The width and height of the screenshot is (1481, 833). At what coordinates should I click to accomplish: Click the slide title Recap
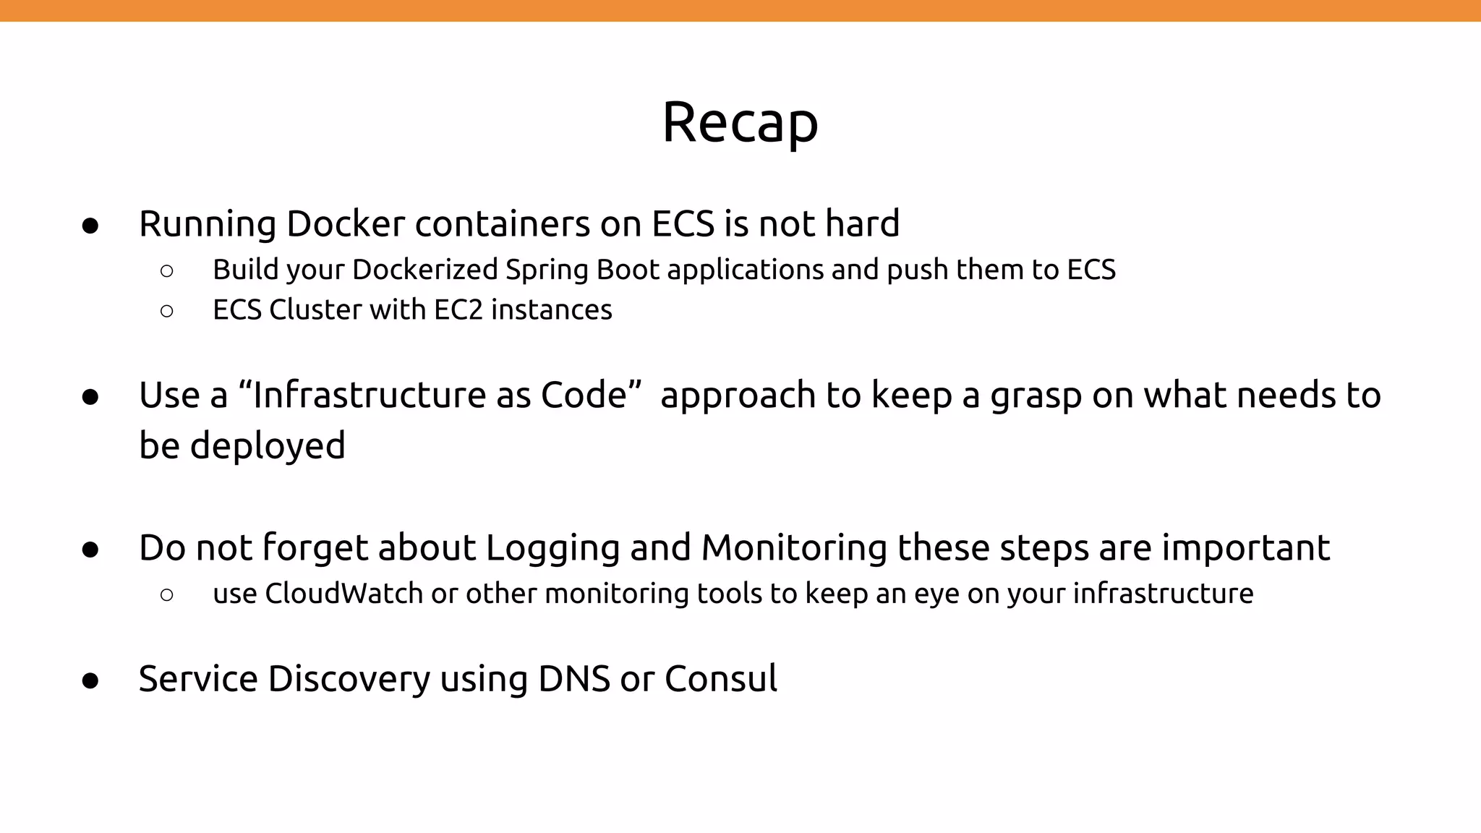(740, 123)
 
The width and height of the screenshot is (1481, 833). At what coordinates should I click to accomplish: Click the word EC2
(458, 309)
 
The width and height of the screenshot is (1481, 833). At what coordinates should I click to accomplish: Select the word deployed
(268, 445)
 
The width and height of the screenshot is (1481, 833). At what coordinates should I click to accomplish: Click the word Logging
(552, 548)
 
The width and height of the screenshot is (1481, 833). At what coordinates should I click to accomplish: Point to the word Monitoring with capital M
(794, 548)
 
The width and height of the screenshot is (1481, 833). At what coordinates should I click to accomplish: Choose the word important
(1245, 548)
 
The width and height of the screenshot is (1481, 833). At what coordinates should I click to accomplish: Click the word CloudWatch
(343, 594)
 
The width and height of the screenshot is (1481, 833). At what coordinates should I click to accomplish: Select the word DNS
(574, 679)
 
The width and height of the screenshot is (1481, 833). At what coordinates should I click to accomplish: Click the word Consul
(720, 679)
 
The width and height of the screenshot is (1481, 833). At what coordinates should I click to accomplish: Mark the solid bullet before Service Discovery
(90, 681)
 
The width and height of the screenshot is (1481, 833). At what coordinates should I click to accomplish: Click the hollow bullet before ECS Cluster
(166, 312)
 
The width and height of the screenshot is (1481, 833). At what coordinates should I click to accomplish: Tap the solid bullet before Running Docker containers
(90, 226)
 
